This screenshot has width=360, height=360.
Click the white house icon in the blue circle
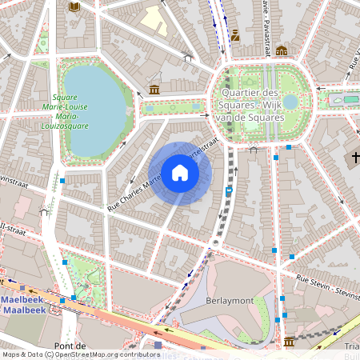(x=180, y=173)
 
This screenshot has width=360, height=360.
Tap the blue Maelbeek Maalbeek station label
(x=23, y=305)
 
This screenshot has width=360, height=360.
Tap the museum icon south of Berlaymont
(x=289, y=342)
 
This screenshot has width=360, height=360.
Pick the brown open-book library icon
(x=74, y=7)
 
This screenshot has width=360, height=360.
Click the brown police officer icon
(x=235, y=34)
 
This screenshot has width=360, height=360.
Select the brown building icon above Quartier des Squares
(x=282, y=50)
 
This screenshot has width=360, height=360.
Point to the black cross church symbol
(x=355, y=158)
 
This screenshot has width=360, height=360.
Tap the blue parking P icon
(x=230, y=191)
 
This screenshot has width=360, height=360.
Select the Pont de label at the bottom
(x=70, y=345)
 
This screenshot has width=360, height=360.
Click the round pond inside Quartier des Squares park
(x=290, y=102)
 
